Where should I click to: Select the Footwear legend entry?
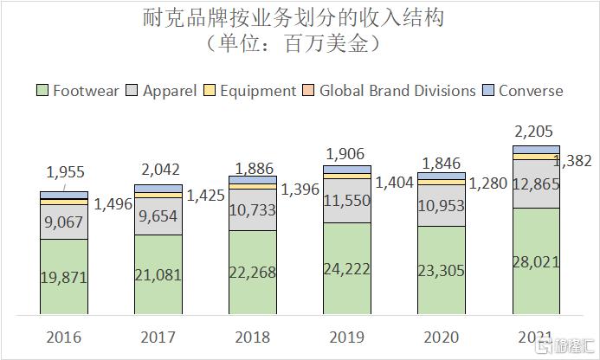(78, 90)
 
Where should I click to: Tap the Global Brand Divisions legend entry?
(390, 90)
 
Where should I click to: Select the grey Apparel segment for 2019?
(346, 202)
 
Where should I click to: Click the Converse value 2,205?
(537, 132)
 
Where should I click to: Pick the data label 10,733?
(252, 210)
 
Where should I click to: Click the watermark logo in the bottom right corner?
(566, 346)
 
